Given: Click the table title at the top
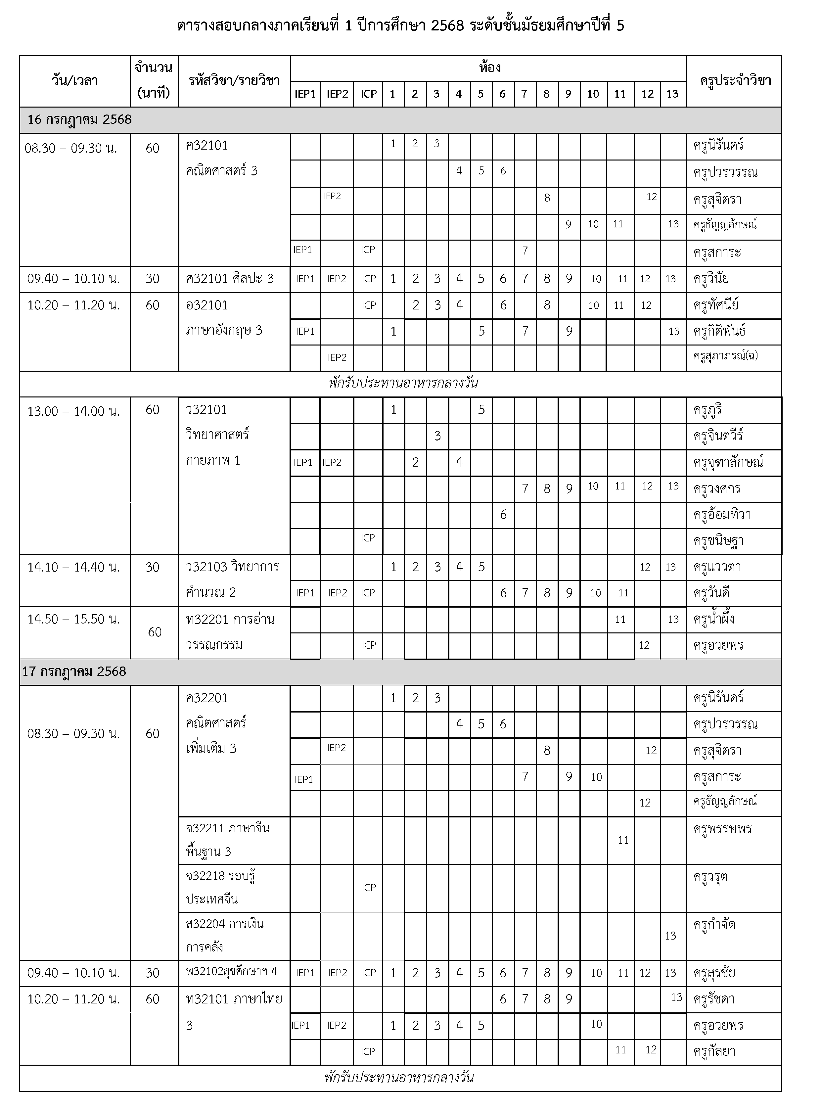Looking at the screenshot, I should [x=400, y=25].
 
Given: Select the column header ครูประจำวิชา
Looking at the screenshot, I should [x=735, y=80].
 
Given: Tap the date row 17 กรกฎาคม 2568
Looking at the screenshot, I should [x=74, y=671].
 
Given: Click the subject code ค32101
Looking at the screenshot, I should [x=207, y=146].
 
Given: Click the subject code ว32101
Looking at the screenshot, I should [x=206, y=410].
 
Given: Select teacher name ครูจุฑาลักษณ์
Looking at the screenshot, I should [x=728, y=463].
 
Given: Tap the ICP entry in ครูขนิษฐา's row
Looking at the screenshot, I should [x=368, y=538].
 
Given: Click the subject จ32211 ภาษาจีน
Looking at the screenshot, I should [x=228, y=828].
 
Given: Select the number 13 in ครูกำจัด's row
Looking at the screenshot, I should [x=670, y=936].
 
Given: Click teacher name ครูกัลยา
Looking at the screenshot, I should [x=714, y=1051].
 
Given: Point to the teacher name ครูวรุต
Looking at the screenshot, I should [x=711, y=876].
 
